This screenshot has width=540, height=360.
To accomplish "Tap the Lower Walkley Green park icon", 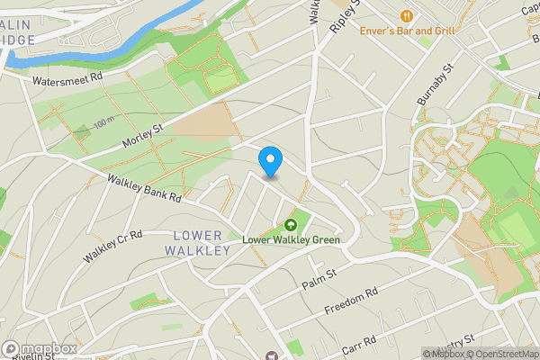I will pyautogui.click(x=290, y=225).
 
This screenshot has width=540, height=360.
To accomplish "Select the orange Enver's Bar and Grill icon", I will pyautogui.click(x=408, y=15).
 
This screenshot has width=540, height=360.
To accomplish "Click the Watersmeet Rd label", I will pyautogui.click(x=68, y=80).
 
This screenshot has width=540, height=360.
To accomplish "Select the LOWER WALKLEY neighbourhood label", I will pyautogui.click(x=198, y=243).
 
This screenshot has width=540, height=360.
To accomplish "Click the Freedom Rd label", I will pyautogui.click(x=351, y=303).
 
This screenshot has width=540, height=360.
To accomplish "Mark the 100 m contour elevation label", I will pyautogui.click(x=103, y=121).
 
